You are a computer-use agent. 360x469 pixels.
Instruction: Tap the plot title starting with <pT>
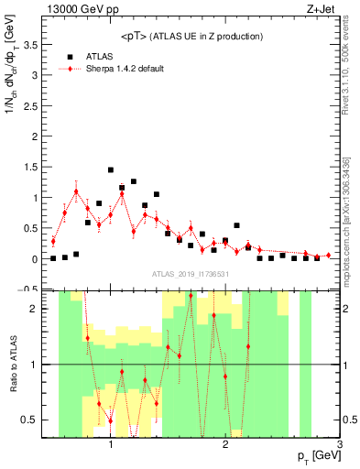(x=192, y=37)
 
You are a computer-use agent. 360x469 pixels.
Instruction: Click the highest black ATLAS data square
(x=111, y=169)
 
